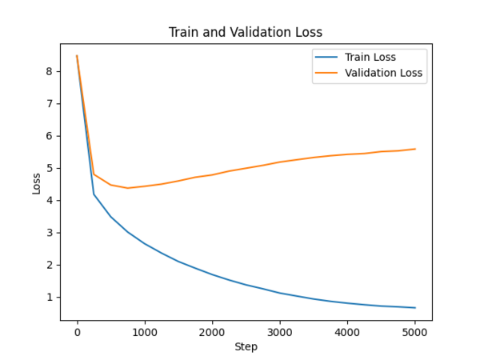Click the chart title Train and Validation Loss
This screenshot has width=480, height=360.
pos(246,33)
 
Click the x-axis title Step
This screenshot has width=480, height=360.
pos(246,346)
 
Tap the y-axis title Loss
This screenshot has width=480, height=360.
pos(36,183)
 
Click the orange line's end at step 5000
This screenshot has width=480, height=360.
pos(415,149)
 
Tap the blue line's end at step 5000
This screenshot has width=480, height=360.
pos(415,308)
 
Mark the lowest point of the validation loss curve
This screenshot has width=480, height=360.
pos(127,188)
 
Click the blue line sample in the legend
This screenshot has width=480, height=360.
pos(326,58)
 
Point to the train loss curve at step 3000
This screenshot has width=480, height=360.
pos(280,293)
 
